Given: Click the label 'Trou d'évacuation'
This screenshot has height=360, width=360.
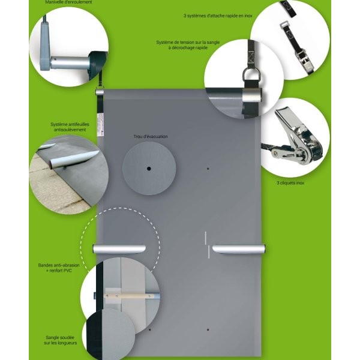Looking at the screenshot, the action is point(151,137).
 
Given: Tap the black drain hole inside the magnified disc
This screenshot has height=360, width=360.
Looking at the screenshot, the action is point(149,169).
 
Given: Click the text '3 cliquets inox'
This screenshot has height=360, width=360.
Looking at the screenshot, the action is point(290,183).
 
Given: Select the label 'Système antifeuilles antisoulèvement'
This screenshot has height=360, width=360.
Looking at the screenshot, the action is point(70,127).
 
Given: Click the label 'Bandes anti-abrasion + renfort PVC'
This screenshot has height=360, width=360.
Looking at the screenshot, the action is point(59,268).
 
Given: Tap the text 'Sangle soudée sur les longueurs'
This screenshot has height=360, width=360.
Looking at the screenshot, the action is point(60,340).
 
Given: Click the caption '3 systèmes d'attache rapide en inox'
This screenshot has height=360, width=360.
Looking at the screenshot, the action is point(218,16).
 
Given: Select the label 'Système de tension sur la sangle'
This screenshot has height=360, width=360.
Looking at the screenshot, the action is point(188,43).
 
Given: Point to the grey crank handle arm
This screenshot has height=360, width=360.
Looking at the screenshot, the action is point(45,44).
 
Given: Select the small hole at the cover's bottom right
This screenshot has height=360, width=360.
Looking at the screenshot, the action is point(208,329).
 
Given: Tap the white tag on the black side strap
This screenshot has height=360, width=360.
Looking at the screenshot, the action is point(100,124).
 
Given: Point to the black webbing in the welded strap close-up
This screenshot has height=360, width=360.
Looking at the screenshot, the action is point(95,335).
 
